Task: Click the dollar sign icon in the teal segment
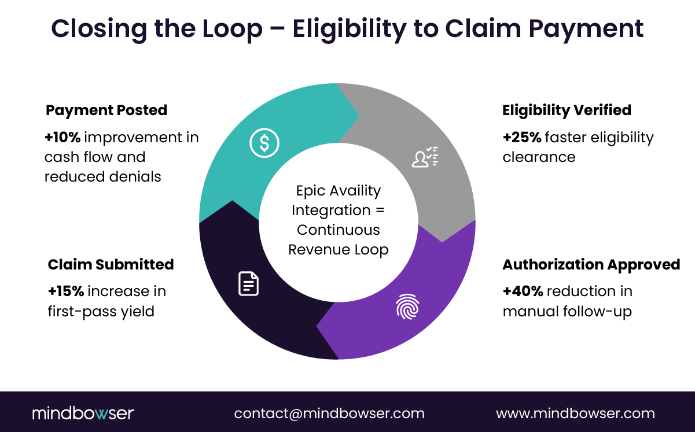coord(264,143)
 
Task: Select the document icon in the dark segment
coord(248,283)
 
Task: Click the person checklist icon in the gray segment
coord(425,157)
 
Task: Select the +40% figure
coord(521,291)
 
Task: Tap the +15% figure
coord(65,291)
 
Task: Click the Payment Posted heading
coord(106,110)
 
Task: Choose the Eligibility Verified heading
coord(567,110)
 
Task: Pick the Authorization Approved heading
coord(591,264)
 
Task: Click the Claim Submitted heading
coord(111,264)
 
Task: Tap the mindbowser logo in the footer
coord(83,413)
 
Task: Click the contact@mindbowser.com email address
coord(329,413)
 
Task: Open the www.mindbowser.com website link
coord(575,413)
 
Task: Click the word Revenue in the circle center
coord(317,250)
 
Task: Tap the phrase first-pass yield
coord(101,312)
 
